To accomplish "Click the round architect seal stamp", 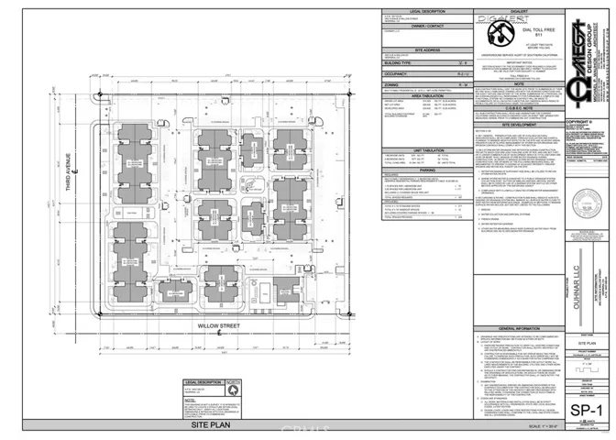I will click(x=578, y=216).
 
